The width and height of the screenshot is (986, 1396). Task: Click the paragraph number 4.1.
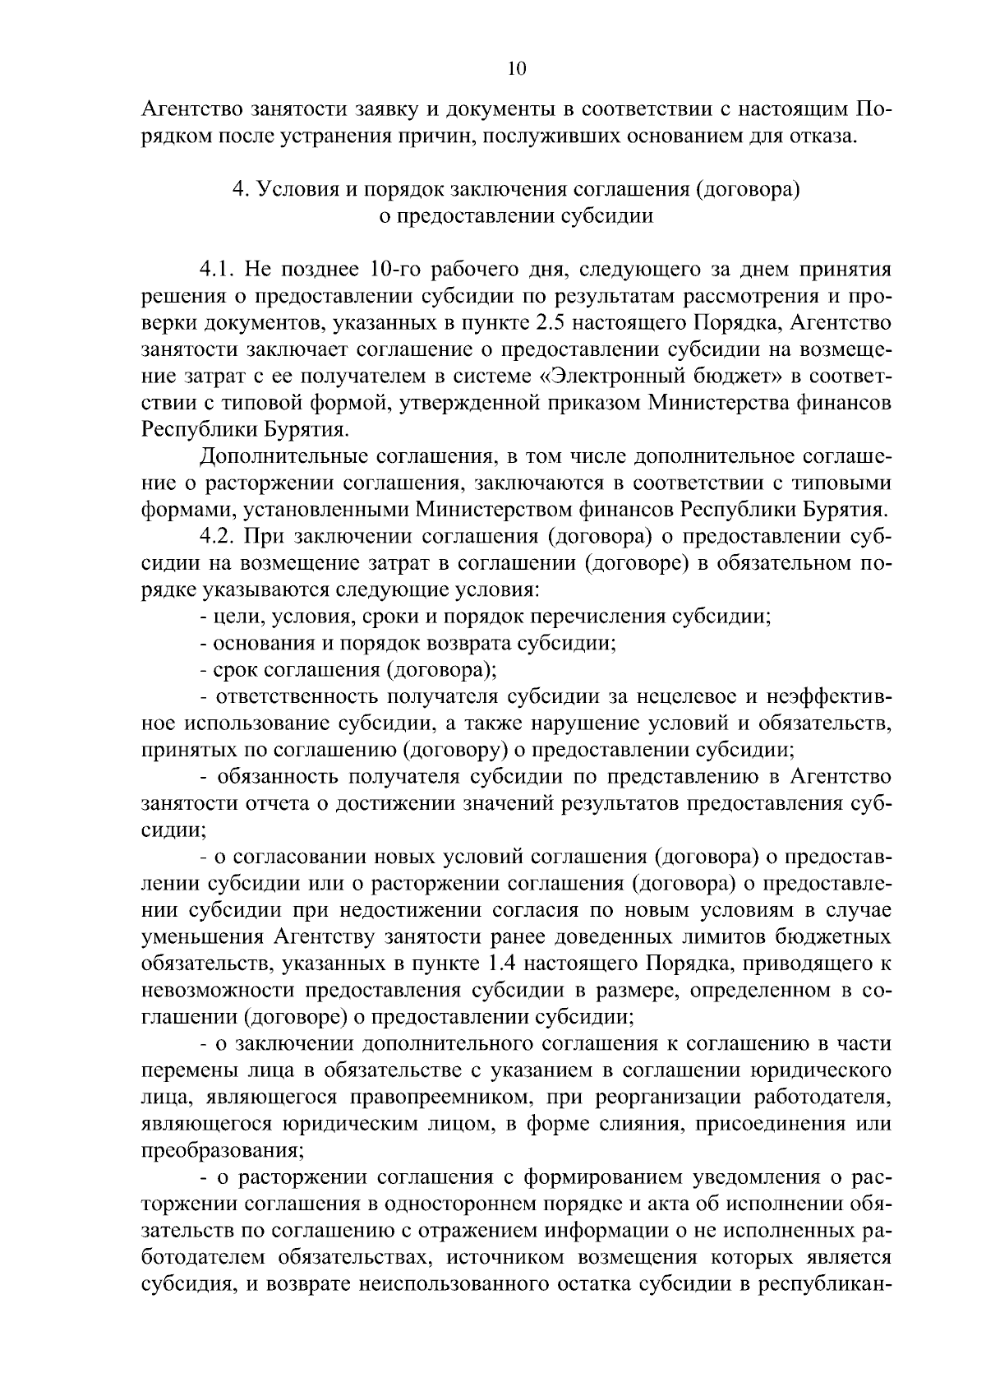click(219, 270)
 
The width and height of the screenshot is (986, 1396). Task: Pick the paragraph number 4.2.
click(219, 537)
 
